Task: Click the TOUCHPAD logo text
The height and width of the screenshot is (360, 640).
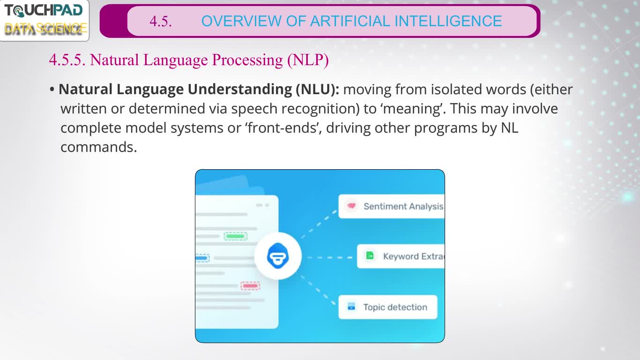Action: click(x=44, y=11)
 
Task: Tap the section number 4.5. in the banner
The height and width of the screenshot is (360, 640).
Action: click(x=161, y=22)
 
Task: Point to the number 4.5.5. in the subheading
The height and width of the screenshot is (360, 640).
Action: click(x=67, y=60)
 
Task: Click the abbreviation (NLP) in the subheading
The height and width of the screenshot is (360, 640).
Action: click(x=308, y=60)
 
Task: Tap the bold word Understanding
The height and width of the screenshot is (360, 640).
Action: click(x=240, y=89)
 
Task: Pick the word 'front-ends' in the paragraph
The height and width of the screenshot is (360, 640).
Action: click(x=283, y=128)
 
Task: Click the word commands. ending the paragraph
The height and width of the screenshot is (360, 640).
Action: click(x=99, y=147)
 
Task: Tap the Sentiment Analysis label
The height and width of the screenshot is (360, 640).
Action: click(x=403, y=206)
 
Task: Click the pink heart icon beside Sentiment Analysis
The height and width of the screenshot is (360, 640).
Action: click(x=351, y=206)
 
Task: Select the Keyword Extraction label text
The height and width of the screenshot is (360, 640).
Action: click(x=413, y=256)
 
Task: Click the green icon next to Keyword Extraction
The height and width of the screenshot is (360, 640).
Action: click(x=370, y=255)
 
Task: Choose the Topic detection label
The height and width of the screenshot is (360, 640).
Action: click(x=395, y=307)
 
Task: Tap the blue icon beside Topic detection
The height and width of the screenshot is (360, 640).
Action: click(x=351, y=306)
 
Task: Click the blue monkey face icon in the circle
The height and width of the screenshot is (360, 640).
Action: click(x=278, y=256)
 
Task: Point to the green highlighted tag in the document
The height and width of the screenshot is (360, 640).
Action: click(x=235, y=236)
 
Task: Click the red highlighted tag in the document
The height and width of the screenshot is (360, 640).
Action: click(x=250, y=286)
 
